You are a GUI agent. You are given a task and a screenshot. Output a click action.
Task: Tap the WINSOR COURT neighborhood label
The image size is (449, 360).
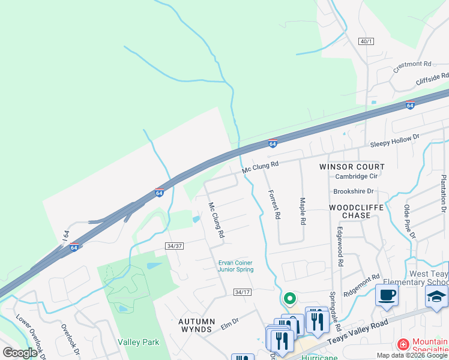click(x=352, y=166)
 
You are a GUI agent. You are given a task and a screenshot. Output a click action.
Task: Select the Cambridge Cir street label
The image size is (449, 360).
click(x=357, y=176)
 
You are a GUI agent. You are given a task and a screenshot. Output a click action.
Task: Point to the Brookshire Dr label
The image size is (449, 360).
click(x=354, y=191)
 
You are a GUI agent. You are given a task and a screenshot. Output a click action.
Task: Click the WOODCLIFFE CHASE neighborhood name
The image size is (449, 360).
click(x=357, y=211)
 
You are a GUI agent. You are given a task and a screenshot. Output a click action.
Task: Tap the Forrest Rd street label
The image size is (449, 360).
click(x=274, y=204)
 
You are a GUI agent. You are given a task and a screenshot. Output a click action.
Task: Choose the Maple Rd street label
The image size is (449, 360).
click(x=303, y=211)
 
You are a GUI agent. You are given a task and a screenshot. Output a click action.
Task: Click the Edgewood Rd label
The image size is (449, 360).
click(x=340, y=246)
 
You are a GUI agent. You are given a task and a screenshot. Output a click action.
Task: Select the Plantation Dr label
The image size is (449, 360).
click(x=444, y=194)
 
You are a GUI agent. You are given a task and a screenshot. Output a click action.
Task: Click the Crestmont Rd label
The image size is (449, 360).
click(x=412, y=66)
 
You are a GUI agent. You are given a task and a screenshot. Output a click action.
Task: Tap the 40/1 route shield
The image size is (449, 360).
click(x=366, y=41)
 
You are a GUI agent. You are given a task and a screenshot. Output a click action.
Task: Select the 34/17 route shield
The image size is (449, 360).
click(x=242, y=292)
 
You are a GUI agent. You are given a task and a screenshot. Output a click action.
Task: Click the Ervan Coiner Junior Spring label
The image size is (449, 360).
click(x=235, y=266)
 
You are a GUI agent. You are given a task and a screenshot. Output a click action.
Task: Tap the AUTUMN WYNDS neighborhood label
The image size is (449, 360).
click(x=196, y=325)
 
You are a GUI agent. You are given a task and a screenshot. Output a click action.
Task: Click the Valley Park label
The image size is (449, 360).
click(x=139, y=342)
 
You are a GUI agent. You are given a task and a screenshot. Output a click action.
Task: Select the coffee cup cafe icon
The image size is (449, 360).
click(x=386, y=295)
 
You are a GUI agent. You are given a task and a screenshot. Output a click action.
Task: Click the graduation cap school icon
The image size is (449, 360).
click(x=436, y=296)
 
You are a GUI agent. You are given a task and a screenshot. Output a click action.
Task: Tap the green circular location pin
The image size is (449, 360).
click(x=289, y=298)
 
